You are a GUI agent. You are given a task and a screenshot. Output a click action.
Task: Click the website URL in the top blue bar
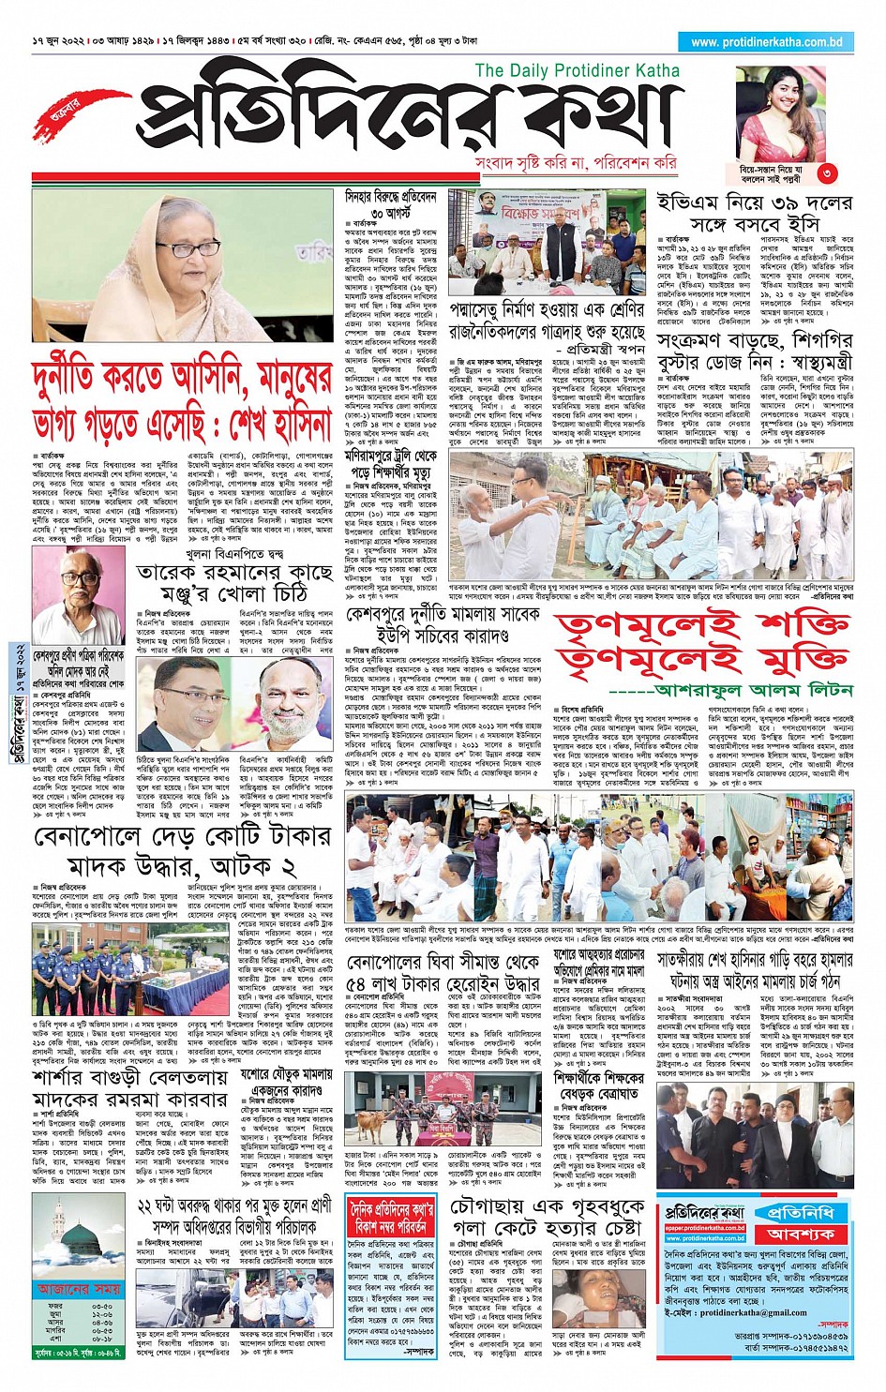point(766,42)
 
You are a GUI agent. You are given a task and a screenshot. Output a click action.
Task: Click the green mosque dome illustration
point(74,1236)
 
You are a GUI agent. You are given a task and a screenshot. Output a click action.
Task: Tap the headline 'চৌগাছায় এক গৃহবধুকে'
point(547,1207)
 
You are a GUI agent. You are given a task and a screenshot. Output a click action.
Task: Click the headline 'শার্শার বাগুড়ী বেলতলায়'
point(131,1077)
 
